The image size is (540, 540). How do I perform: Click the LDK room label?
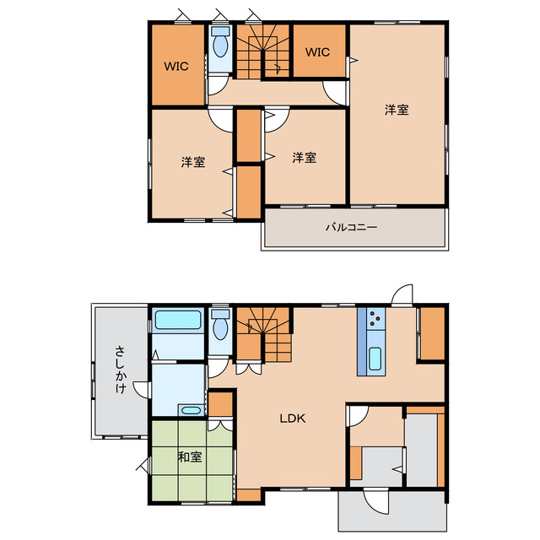293,418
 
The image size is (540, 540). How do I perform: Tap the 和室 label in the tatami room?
190,457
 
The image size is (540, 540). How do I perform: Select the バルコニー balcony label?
352,227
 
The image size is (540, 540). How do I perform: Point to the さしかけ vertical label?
120,370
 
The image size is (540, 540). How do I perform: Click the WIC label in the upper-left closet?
176,66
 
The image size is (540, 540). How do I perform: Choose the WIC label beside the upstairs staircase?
317,52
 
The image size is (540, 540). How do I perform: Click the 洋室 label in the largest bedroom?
397,110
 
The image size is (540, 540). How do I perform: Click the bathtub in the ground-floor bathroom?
178,320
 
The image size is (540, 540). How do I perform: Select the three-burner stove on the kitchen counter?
375,319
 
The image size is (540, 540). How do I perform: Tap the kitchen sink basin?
375,359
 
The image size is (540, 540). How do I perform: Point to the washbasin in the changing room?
192,410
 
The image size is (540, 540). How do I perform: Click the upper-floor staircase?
263,51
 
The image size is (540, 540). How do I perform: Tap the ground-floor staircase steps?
264,334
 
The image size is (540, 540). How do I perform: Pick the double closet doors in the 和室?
220,424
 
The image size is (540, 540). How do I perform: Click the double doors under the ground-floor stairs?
249,369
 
